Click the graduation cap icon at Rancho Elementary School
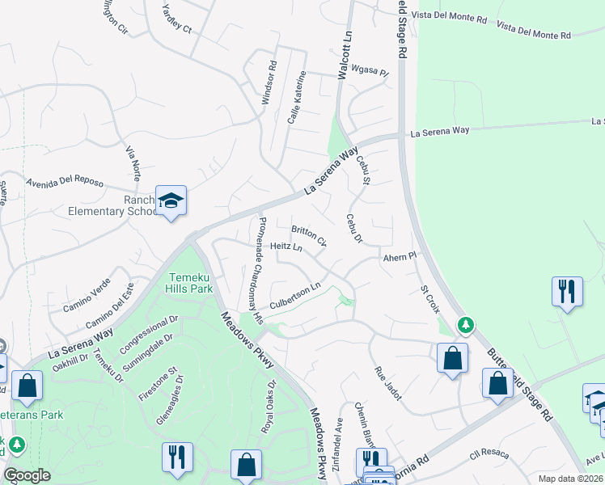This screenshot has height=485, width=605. [x=171, y=200]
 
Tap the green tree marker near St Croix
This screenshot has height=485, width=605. [x=465, y=325]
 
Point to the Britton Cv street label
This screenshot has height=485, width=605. [x=309, y=236]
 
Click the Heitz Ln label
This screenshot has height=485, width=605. [x=286, y=247]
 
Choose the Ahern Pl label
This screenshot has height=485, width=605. [x=400, y=257]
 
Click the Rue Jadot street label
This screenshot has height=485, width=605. [x=387, y=383]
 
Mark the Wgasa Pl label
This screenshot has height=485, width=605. [x=373, y=73]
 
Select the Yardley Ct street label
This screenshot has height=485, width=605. [x=176, y=19]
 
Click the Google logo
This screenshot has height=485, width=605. [x=27, y=476]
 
